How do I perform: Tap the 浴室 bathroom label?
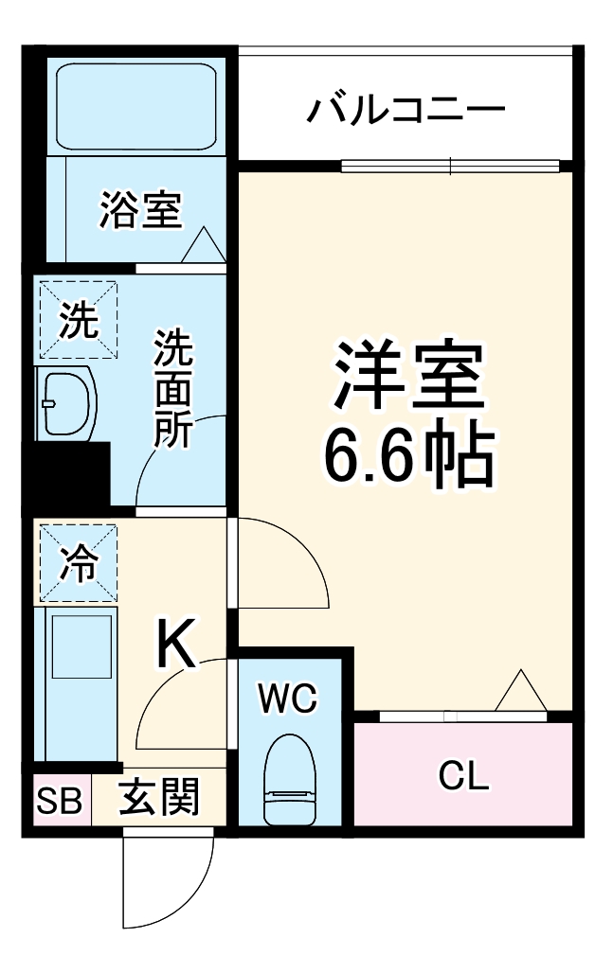tap(140, 210)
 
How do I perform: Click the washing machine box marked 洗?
tap(78, 320)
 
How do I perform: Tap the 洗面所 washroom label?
tap(174, 388)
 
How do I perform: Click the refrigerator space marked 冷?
tap(78, 564)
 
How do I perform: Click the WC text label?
tap(289, 699)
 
